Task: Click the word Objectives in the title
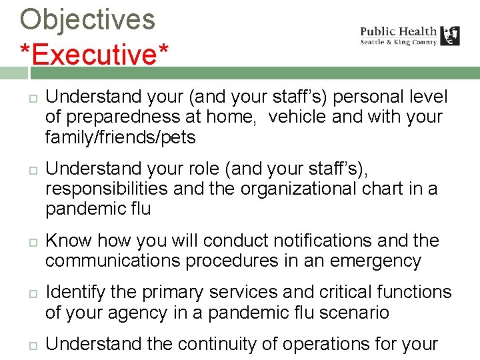(87, 19)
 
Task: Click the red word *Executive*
(94, 54)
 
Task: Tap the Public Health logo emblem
(450, 35)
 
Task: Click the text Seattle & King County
(398, 42)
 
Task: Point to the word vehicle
(301, 117)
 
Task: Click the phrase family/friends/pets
(120, 138)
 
